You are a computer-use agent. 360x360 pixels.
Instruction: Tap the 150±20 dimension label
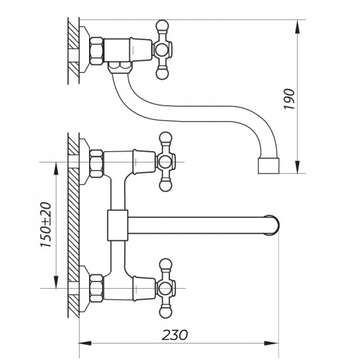pyautogui.click(x=45, y=223)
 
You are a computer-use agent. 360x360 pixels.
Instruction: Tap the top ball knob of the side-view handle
pyautogui.click(x=162, y=27)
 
